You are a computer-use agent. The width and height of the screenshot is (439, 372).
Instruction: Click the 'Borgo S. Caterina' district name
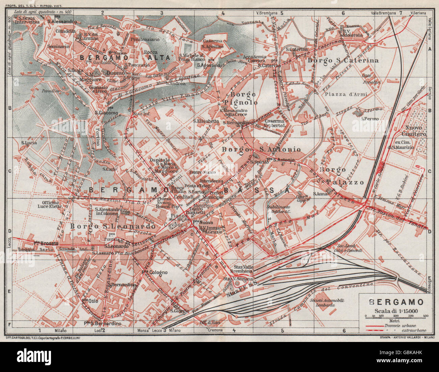pyautogui.click(x=343, y=61)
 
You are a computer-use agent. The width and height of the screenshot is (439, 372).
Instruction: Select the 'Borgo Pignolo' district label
pyautogui.click(x=243, y=98)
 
